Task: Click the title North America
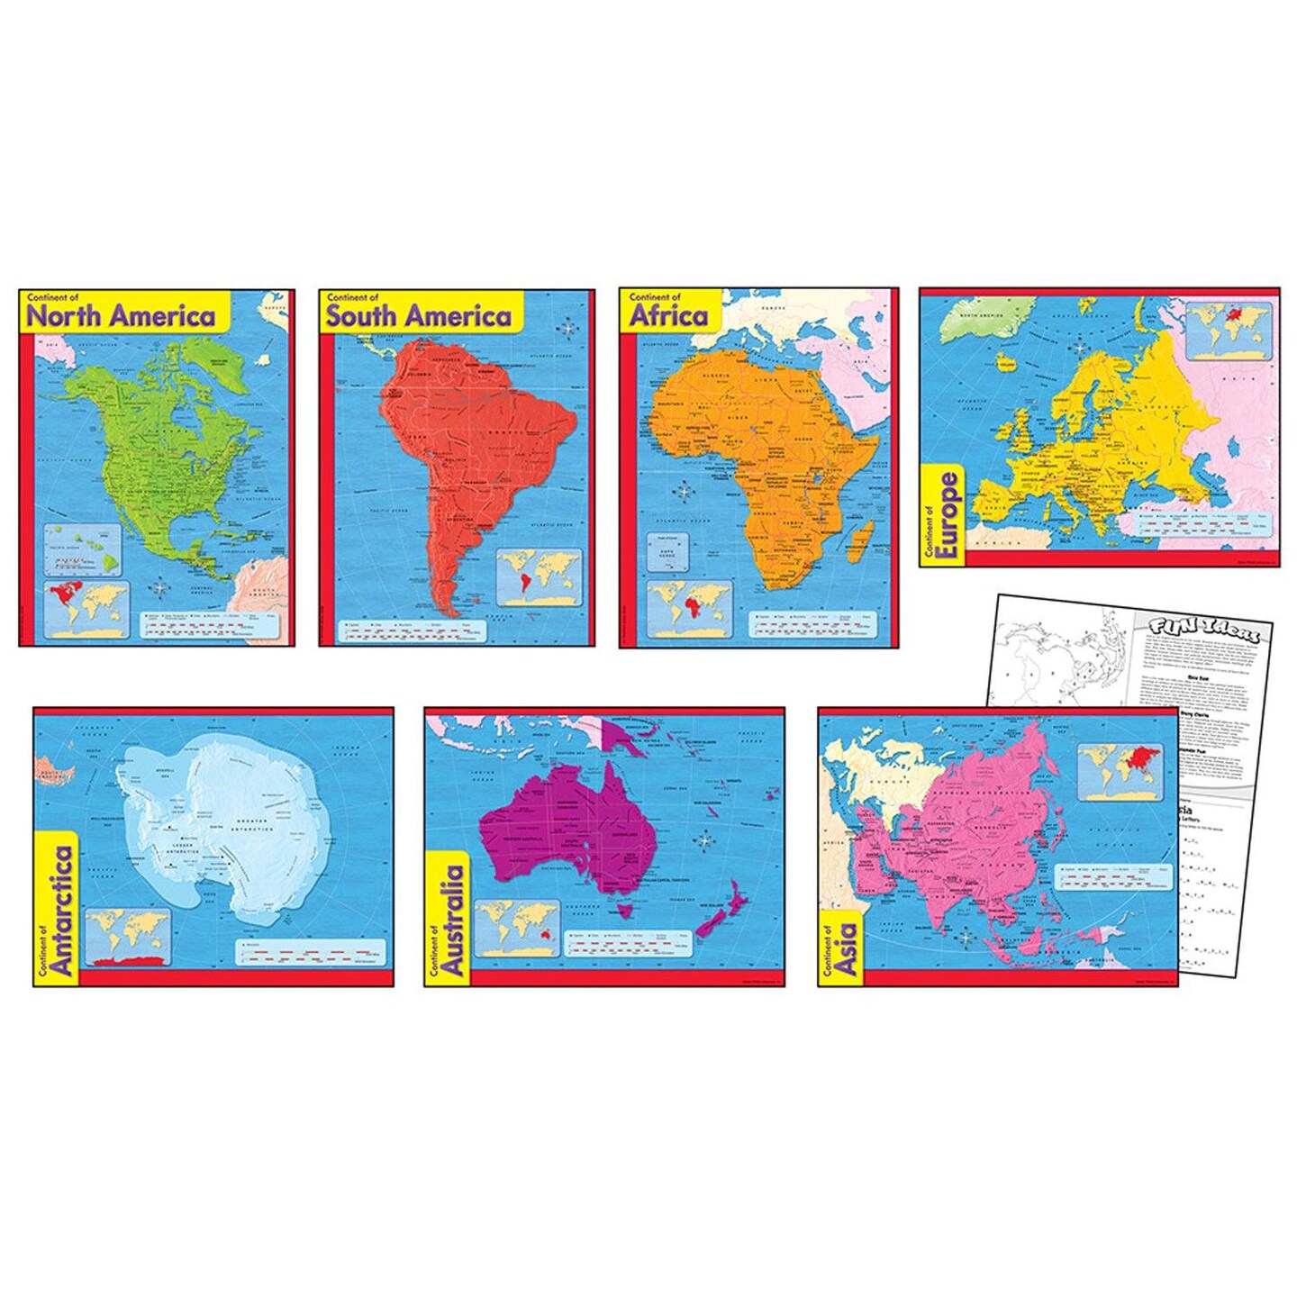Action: click(x=121, y=316)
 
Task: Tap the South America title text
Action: click(x=419, y=316)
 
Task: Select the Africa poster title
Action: click(x=668, y=316)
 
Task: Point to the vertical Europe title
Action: click(x=947, y=516)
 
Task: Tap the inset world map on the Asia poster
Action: click(x=1120, y=771)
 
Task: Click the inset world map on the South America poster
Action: click(x=540, y=577)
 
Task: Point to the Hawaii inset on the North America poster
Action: click(x=83, y=550)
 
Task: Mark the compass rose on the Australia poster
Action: click(x=704, y=841)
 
